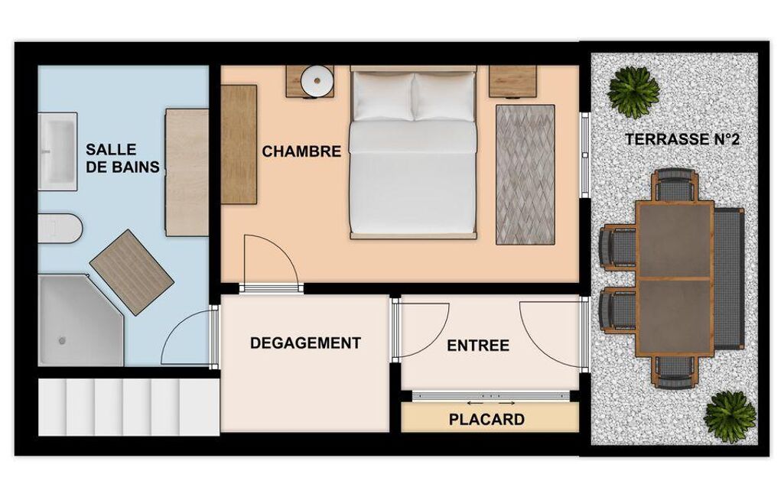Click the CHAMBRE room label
click(301, 151)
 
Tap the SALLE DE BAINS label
click(122, 158)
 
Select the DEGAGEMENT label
click(305, 343)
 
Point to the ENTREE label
click(478, 346)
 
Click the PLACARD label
click(486, 419)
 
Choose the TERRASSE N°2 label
click(682, 139)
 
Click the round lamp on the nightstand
click(317, 81)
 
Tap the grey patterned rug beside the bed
click(525, 174)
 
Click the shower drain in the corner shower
click(62, 340)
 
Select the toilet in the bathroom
click(60, 229)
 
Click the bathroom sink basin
click(57, 151)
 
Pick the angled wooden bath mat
click(132, 272)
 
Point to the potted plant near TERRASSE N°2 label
click(633, 92)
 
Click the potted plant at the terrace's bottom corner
click(730, 417)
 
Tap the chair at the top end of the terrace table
click(675, 185)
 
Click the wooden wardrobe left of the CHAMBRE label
click(239, 145)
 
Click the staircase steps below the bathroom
click(129, 407)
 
